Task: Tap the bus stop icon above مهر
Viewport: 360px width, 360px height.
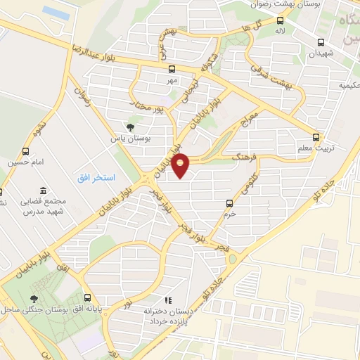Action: (172, 69)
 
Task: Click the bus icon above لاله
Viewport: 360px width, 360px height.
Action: (280, 20)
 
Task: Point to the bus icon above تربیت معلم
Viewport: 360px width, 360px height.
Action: (316, 137)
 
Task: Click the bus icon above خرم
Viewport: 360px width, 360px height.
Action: (230, 203)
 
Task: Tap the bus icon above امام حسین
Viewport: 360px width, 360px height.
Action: (26, 151)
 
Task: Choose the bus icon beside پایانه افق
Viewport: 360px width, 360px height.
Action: (87, 297)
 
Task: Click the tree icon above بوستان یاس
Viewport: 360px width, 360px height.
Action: (131, 127)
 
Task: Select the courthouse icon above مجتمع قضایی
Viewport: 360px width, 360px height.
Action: (44, 191)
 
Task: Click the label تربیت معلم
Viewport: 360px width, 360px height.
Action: (323, 148)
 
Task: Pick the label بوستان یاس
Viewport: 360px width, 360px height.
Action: (131, 138)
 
